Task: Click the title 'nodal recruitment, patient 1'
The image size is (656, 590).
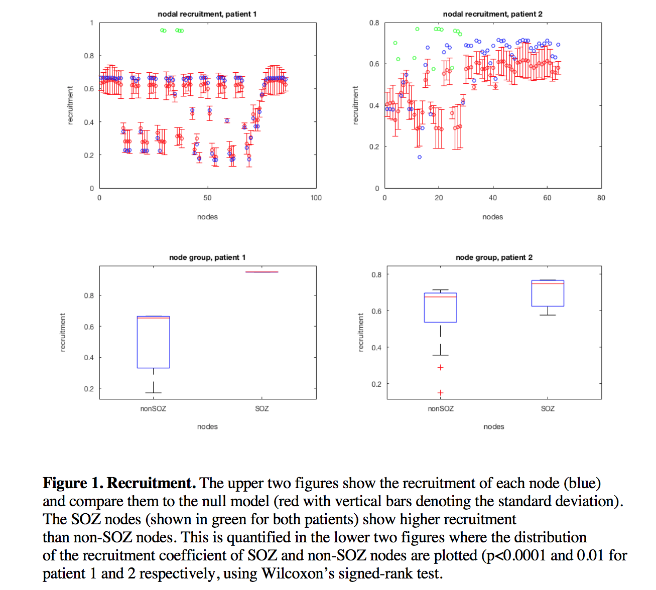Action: (x=207, y=14)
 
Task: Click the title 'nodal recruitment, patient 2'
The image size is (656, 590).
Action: (x=492, y=14)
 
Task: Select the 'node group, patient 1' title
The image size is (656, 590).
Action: (x=207, y=257)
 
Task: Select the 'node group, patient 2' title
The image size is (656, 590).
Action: (x=494, y=257)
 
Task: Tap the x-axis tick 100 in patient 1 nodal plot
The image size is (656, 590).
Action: (x=316, y=198)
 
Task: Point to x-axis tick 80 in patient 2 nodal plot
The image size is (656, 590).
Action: (x=601, y=198)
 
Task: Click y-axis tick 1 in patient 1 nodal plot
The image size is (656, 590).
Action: (x=92, y=23)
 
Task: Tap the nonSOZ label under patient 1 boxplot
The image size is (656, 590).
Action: (x=153, y=408)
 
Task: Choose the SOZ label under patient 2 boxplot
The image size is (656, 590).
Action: (x=548, y=408)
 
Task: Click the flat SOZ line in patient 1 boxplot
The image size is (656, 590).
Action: (x=261, y=272)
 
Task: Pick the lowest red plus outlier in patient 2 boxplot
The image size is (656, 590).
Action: (x=440, y=393)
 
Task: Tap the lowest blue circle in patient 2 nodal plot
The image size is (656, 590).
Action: (x=420, y=157)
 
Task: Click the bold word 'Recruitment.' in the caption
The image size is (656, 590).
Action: (x=151, y=483)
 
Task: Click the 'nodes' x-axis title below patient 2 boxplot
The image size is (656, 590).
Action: (x=494, y=426)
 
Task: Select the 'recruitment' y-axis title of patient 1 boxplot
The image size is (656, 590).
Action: (x=63, y=332)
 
